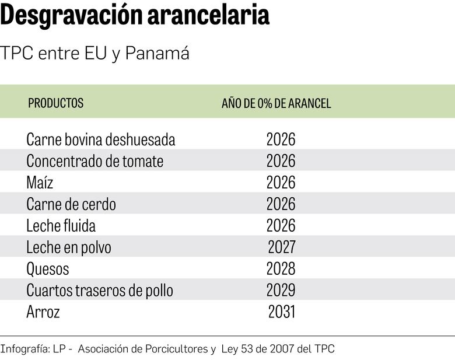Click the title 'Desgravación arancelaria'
135,16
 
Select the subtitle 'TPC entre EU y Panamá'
95,54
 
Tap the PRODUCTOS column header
56,103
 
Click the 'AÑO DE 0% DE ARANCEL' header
276,103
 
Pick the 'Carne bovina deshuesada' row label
101,140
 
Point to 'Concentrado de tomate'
94,161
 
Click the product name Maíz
40,183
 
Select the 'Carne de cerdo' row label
71,204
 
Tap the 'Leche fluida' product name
61,226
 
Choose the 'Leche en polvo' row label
69,247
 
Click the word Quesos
48,269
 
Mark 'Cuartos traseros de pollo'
100,290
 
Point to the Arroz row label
43,312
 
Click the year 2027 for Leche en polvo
282,247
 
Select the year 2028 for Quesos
281,269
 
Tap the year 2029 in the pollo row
281,290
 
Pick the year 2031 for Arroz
282,312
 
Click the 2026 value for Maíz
281,183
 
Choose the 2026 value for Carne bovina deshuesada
281,140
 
